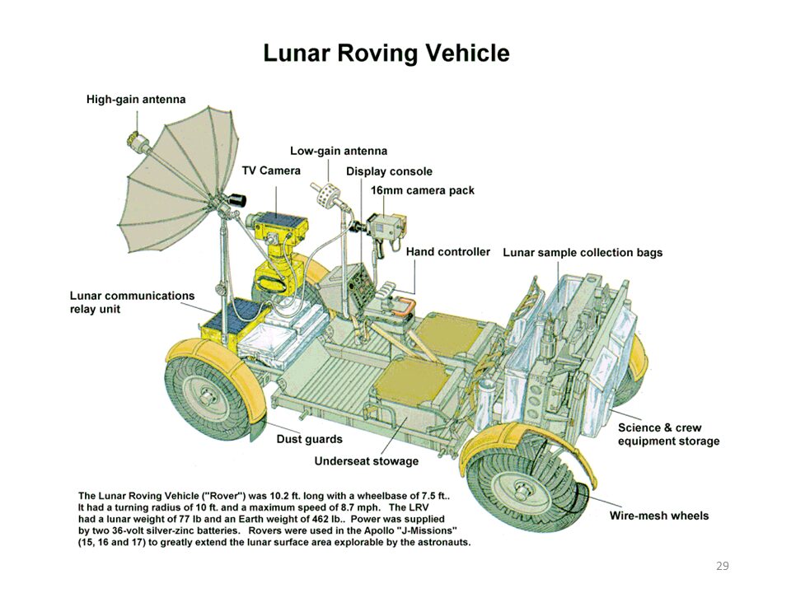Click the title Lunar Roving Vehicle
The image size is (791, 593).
pos(386,54)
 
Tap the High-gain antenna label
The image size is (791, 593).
pos(136,100)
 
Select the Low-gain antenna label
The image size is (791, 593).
pos(339,151)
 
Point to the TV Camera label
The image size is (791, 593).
pos(271,170)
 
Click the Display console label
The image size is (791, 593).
pos(389,171)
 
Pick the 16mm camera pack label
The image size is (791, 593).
pos(423,190)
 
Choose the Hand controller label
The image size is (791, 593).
pos(448,252)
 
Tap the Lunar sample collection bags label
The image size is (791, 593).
pos(583,253)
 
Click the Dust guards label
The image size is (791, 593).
pos(309,439)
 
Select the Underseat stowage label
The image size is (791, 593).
pos(366,461)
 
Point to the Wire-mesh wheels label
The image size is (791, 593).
pos(659,516)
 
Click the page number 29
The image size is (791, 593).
pos(723,566)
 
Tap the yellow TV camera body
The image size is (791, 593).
pos(277,226)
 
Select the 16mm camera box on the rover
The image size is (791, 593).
pos(385,226)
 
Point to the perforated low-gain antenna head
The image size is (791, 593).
pos(326,194)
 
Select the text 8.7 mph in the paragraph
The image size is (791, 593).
pos(361,507)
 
